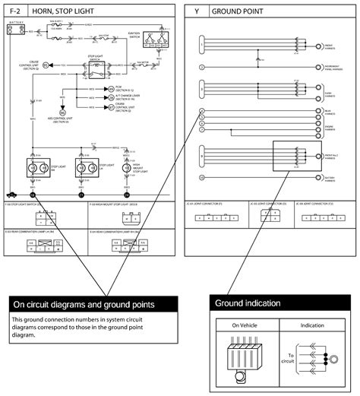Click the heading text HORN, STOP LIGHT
click(x=71, y=12)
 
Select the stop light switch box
click(x=96, y=71)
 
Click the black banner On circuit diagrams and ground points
click(x=93, y=305)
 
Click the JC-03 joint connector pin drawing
click(x=269, y=214)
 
